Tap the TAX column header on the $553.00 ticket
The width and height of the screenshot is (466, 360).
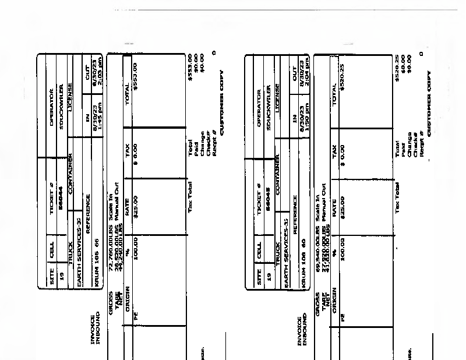[x=128, y=149]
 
